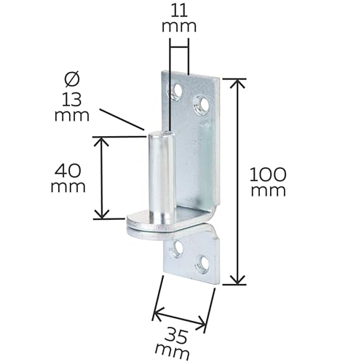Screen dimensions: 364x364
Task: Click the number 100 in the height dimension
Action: click(268, 175)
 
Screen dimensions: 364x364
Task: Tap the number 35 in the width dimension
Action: click(175, 336)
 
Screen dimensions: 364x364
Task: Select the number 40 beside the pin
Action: click(68, 170)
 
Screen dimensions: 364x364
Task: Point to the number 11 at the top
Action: click(179, 10)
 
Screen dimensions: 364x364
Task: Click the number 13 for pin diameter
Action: click(71, 100)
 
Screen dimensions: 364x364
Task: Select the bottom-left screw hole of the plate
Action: click(177, 248)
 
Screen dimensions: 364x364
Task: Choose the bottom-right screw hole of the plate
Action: click(202, 263)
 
